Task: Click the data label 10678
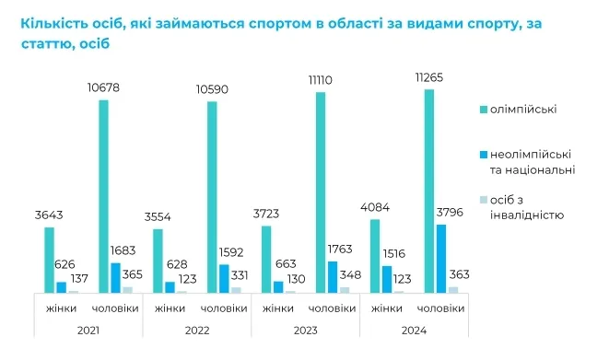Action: coord(103,87)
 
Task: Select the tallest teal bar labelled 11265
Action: coord(429,192)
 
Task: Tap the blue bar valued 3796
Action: coord(441,259)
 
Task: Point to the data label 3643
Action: coord(49,215)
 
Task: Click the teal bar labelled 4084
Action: coord(375,256)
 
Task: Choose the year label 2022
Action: coord(197,331)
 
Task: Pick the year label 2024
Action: coord(414,331)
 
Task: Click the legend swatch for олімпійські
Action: coord(484,110)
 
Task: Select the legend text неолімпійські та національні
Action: coord(533,162)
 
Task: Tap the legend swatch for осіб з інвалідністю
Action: coord(484,200)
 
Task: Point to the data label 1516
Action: coord(393,254)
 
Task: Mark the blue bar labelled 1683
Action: coord(116,278)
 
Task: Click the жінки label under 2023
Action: coord(278,308)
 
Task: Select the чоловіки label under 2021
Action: coord(115,308)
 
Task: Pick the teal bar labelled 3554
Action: coord(158,261)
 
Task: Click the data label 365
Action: coord(133,274)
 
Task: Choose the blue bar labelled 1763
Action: coord(333,277)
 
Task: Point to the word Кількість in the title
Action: coord(53,24)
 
